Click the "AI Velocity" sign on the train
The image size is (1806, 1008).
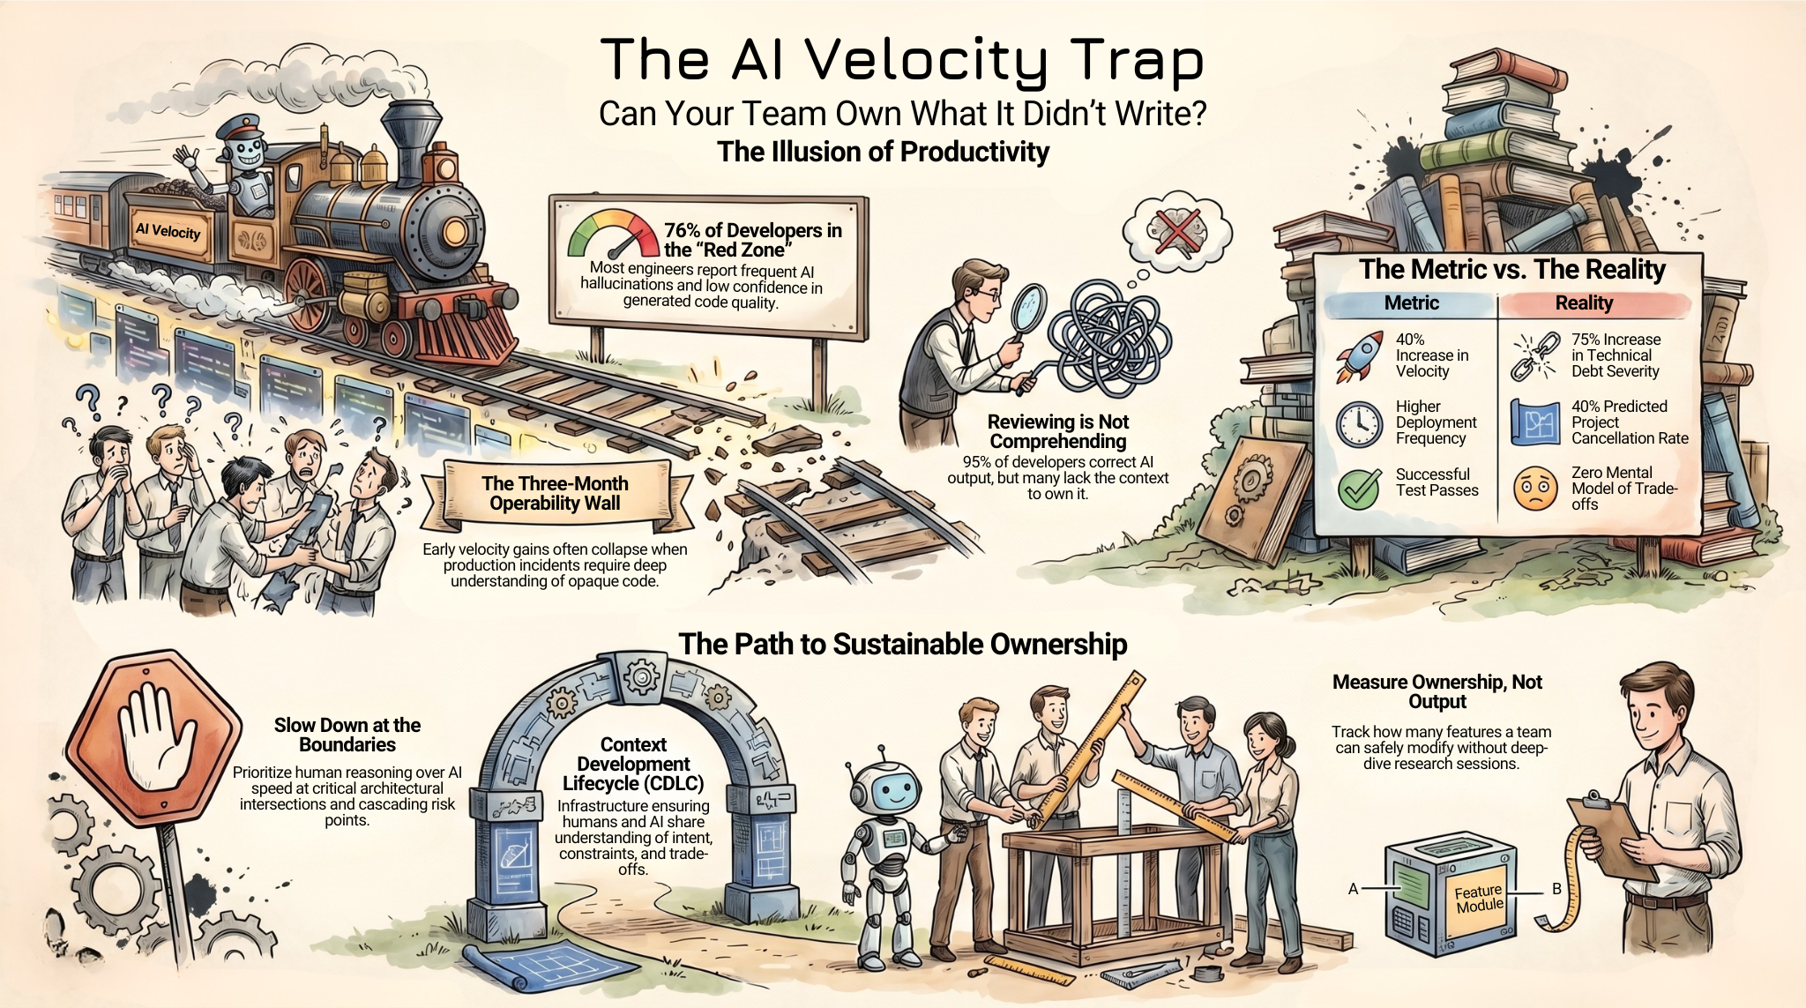(168, 231)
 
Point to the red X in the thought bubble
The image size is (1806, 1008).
(1176, 232)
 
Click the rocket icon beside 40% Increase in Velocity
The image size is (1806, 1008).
(1358, 355)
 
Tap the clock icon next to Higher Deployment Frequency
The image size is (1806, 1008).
(1359, 423)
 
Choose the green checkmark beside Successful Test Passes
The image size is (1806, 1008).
(1359, 488)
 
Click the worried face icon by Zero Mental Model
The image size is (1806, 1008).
(1535, 489)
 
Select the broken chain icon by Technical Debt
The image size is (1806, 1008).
(1535, 355)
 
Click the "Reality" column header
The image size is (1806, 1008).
(1584, 302)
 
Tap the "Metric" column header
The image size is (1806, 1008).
(1411, 302)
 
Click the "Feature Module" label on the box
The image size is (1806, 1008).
(1479, 899)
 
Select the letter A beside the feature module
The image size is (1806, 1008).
(1353, 889)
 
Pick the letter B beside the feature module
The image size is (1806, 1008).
(1556, 889)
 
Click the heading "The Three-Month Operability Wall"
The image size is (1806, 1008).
(556, 493)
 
